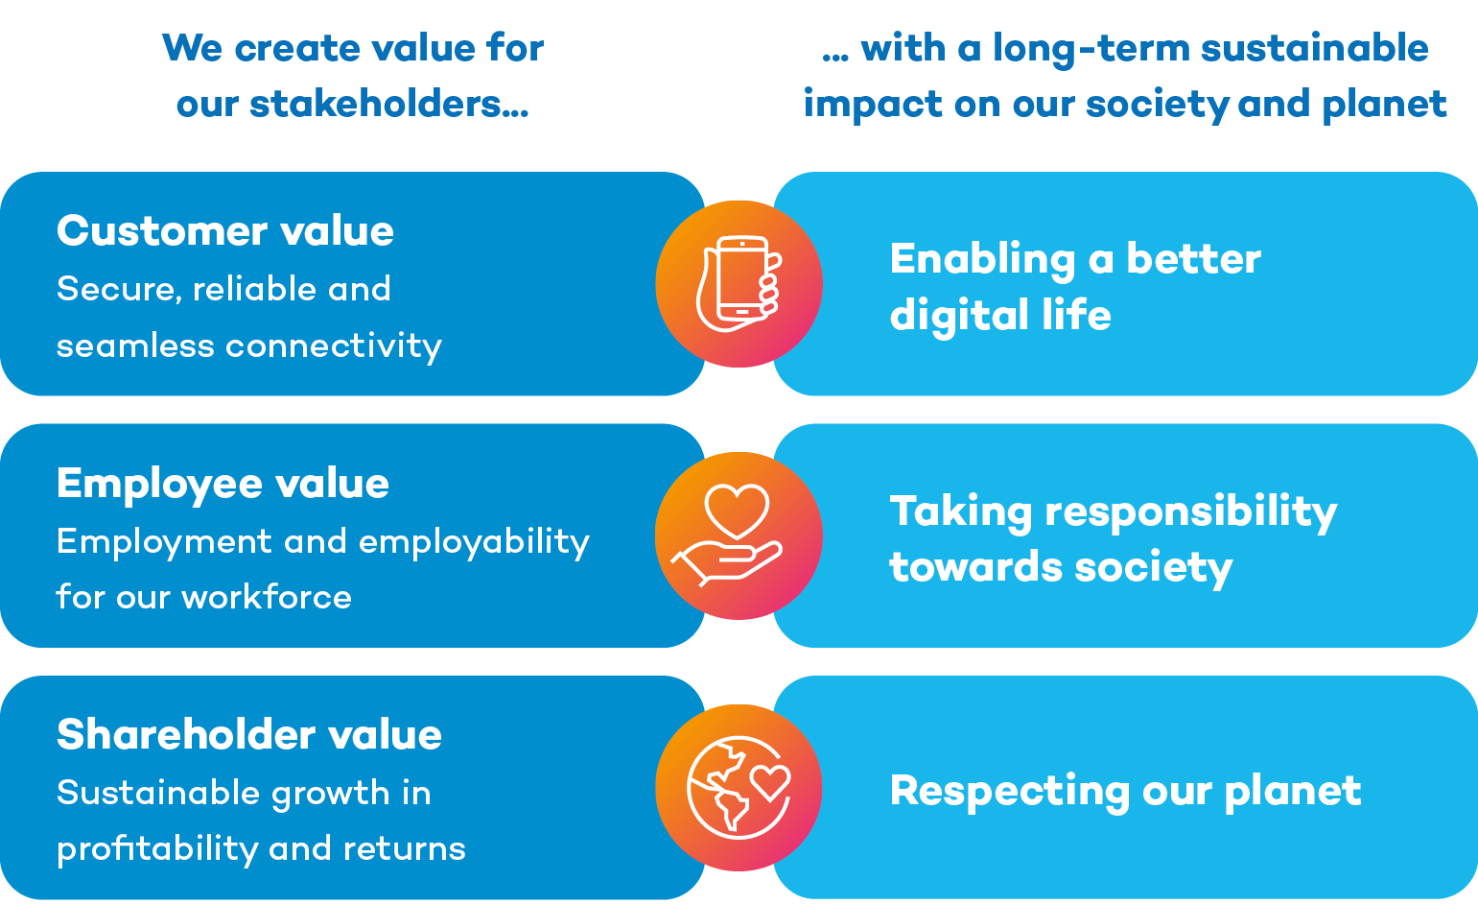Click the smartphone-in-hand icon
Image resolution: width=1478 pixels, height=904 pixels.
[x=739, y=284]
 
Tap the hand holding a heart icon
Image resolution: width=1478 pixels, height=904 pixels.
[x=739, y=535]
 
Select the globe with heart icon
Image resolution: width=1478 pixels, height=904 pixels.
[x=739, y=787]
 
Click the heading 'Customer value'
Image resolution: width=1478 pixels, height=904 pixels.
[x=225, y=231]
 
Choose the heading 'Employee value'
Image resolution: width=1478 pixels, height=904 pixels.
[x=223, y=484]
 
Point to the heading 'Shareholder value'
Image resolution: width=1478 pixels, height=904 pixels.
[x=249, y=735]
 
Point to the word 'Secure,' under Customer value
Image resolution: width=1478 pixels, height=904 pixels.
[x=119, y=289]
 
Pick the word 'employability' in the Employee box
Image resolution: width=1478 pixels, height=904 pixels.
[x=474, y=542]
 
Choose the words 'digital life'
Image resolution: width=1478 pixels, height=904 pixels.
[x=1000, y=316]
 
